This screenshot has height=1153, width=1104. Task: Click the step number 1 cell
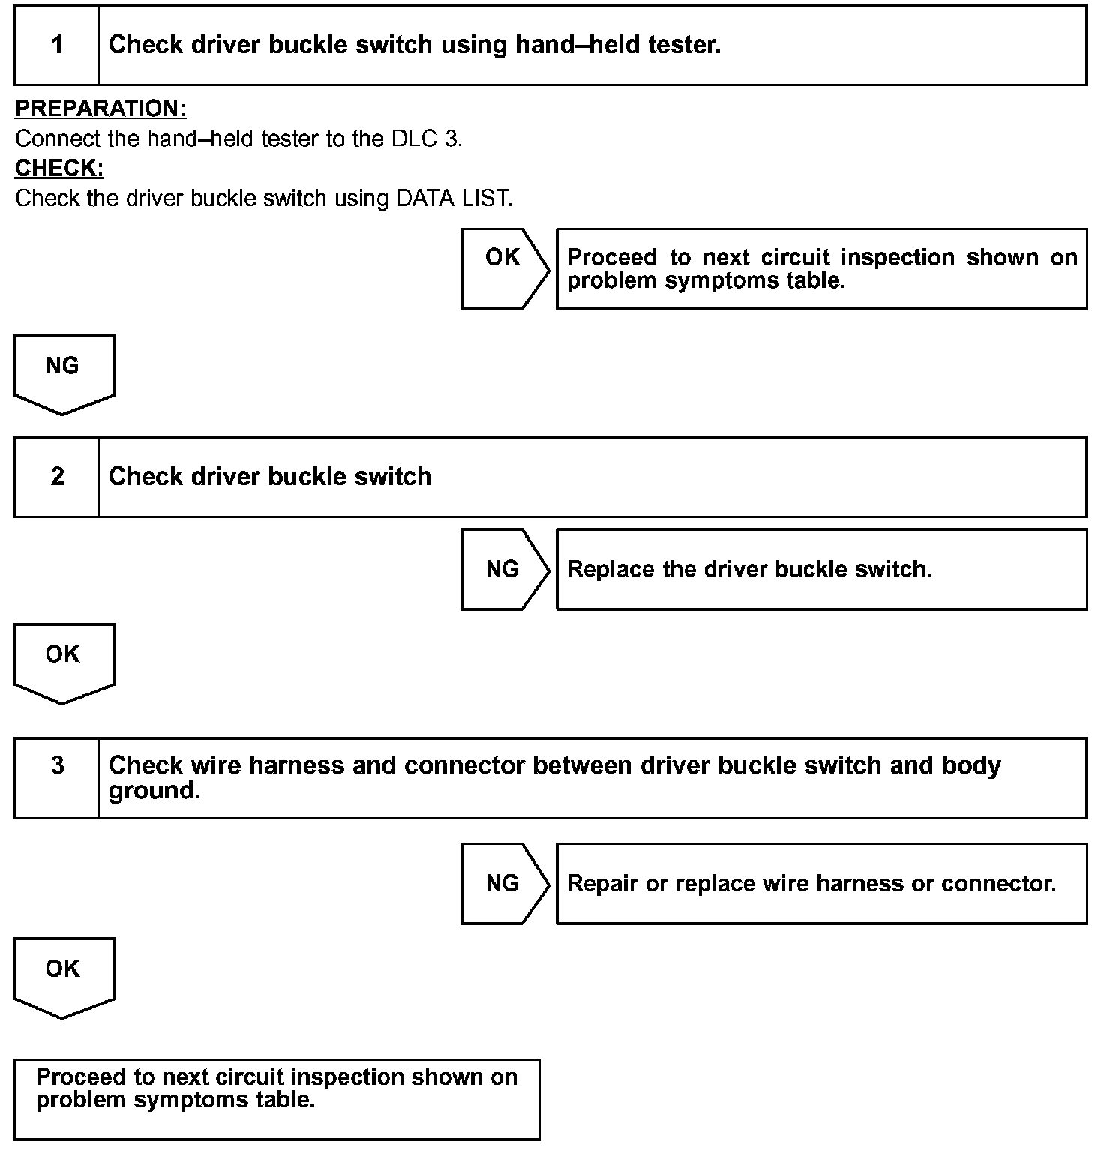57,45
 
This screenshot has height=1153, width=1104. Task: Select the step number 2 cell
57,477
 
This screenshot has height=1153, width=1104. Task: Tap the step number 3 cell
57,765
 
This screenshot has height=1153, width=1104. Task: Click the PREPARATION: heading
100,109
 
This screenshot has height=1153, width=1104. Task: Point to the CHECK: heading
59,169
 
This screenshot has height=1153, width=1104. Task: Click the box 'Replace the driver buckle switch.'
821,569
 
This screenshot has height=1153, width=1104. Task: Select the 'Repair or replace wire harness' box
821,883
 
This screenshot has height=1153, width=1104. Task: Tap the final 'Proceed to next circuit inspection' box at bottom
277,1099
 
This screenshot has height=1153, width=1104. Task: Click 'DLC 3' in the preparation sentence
426,139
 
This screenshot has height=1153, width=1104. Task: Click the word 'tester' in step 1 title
683,45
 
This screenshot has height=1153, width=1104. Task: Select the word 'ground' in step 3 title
153,791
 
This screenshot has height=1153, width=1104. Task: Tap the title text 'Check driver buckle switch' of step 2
270,477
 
